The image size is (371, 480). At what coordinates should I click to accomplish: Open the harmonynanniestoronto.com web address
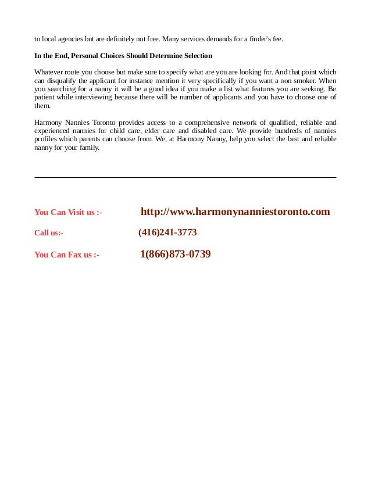click(235, 212)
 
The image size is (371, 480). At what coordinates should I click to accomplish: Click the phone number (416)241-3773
click(167, 232)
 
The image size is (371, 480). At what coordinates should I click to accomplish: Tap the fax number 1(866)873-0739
click(175, 254)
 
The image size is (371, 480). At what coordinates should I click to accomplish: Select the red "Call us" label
click(49, 233)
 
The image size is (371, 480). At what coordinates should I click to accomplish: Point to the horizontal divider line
click(185, 177)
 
